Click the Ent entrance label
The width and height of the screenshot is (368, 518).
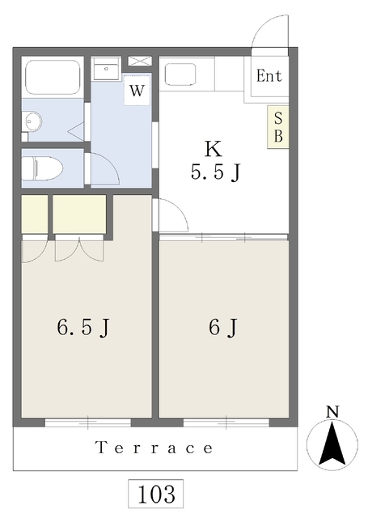coord(269,76)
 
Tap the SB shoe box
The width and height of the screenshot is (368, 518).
coord(278,127)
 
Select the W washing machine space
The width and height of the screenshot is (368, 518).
coord(137,90)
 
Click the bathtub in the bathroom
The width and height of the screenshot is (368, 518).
coord(53,77)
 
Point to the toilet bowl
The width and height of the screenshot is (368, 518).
coord(43,168)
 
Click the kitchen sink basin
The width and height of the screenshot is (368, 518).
coord(180,74)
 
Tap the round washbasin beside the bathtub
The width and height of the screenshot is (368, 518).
coord(32,121)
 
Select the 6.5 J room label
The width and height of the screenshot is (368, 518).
coord(82,327)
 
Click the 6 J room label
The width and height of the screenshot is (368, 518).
coord(222,327)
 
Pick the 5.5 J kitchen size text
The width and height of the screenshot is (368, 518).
coord(215,172)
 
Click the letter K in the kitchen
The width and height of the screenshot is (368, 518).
coord(214,149)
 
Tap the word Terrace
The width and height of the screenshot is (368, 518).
coord(154,448)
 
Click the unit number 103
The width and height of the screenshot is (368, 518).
coord(156,495)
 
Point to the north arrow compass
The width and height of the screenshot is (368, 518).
coord(332,444)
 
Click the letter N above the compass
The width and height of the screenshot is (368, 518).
coord(332,411)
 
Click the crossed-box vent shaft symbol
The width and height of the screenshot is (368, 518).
coord(140,62)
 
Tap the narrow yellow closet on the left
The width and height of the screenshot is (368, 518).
coord(35,214)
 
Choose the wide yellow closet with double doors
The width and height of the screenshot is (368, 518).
coord(79,214)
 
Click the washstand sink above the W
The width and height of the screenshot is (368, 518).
coord(106,69)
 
